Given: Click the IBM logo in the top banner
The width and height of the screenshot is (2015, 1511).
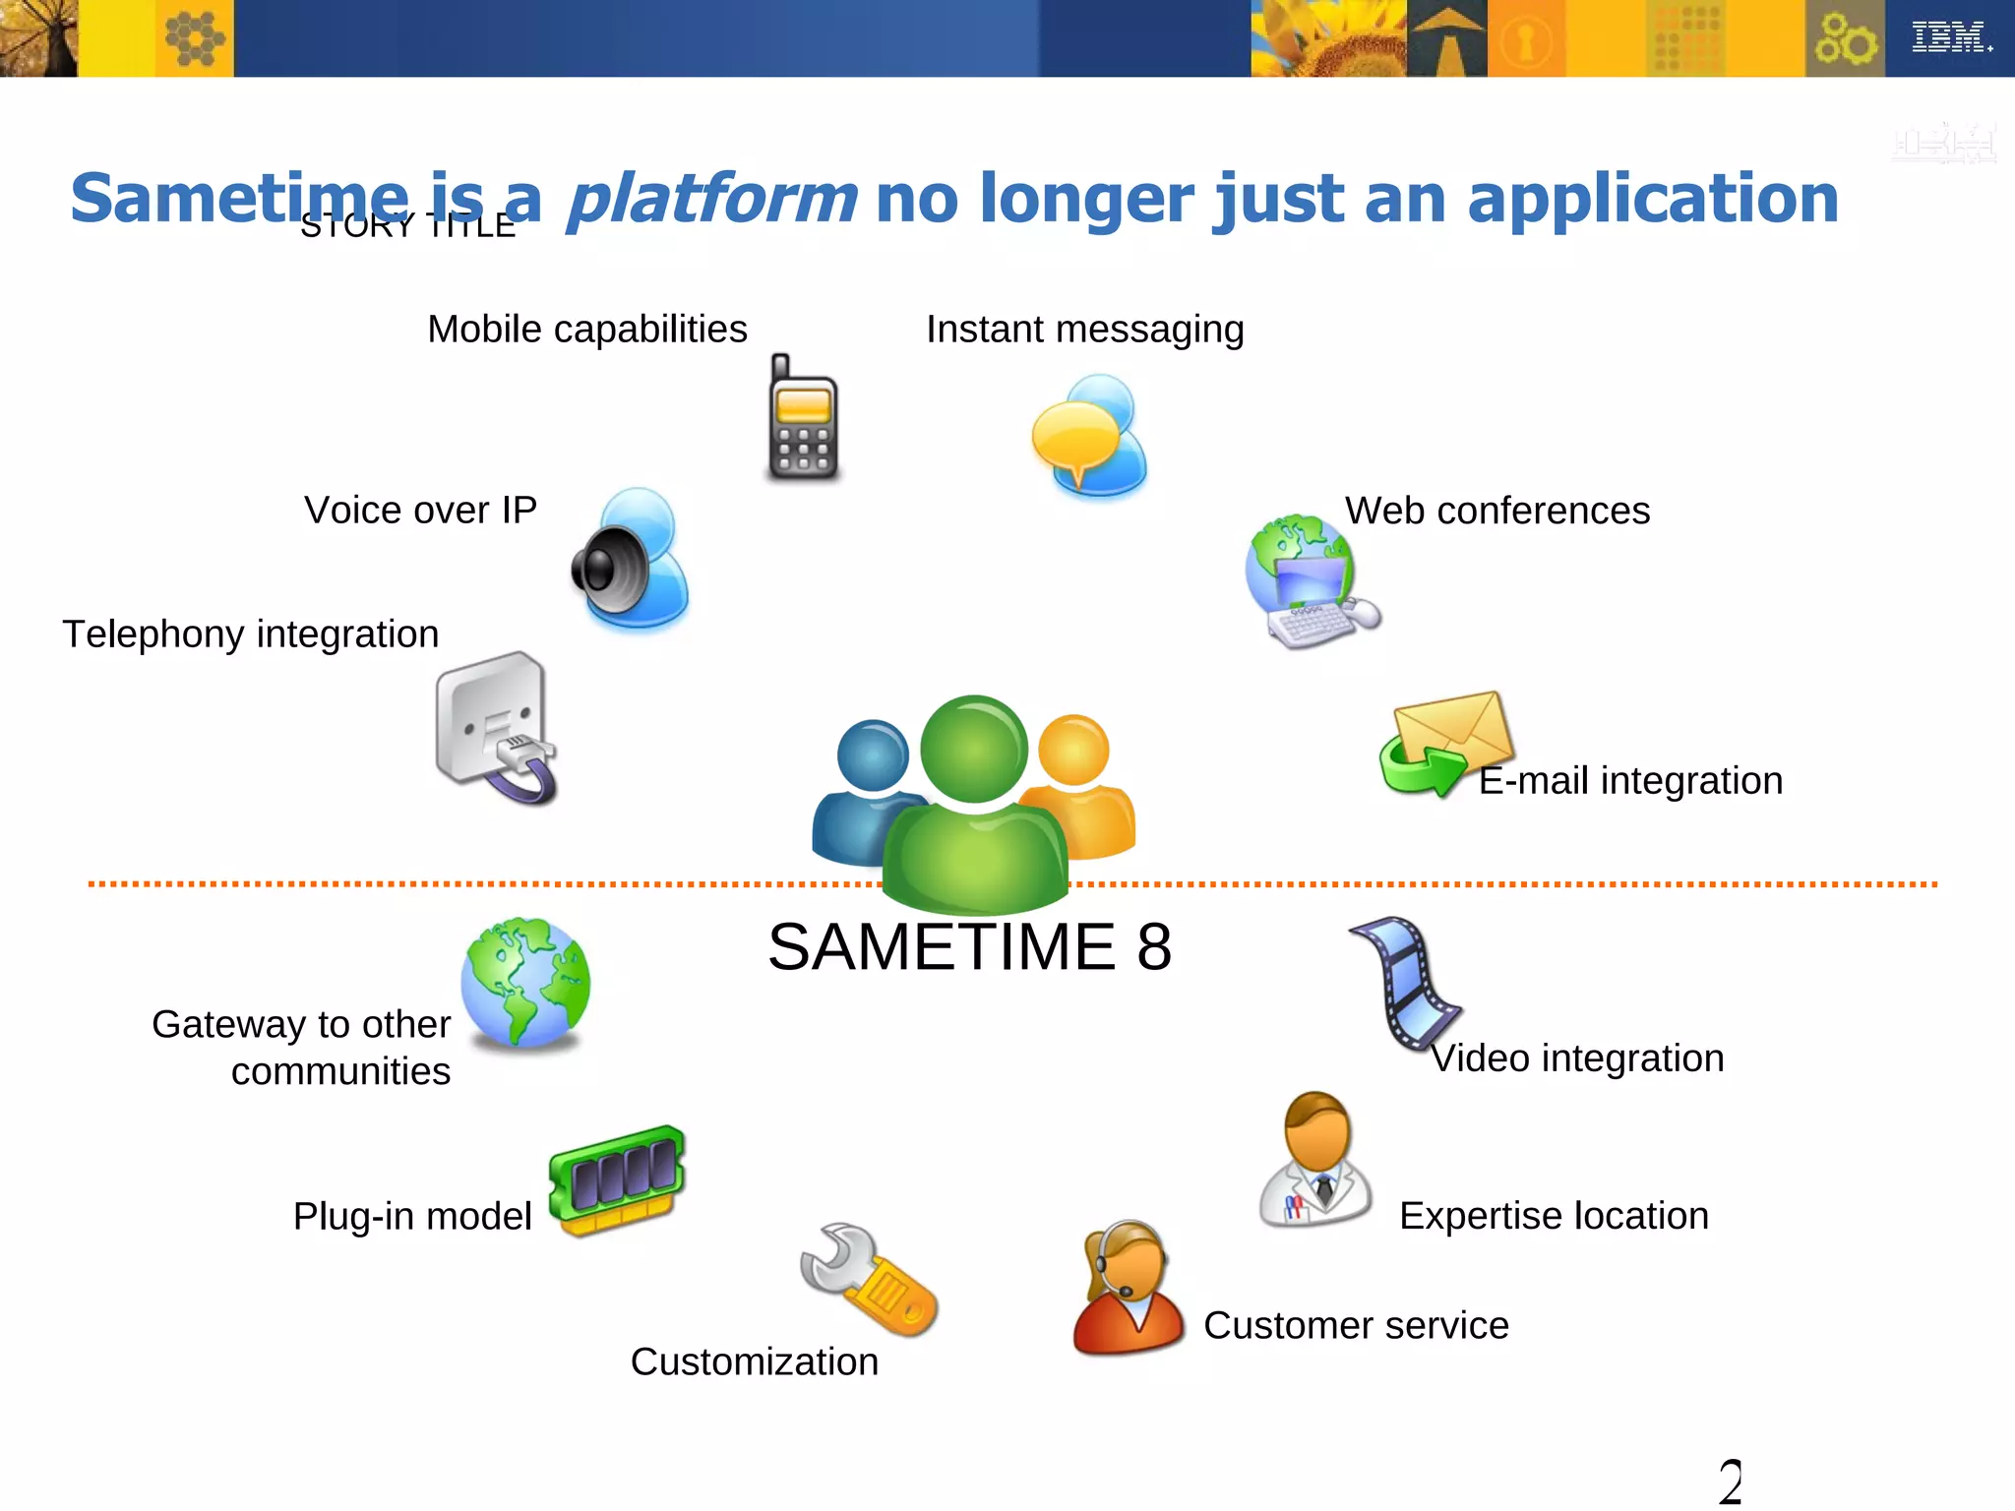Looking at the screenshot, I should point(1950,37).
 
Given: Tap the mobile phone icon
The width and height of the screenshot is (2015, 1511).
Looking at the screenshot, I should point(803,421).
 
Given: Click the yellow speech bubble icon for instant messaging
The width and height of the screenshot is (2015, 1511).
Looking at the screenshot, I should point(1076,439).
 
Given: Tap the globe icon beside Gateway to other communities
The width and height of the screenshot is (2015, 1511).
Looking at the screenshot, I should point(526,983).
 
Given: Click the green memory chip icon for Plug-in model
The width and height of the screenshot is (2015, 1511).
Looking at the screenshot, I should point(618,1179).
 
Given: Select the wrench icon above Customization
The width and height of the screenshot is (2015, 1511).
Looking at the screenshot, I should point(869,1280).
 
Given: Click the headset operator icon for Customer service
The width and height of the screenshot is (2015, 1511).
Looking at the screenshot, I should point(1128,1288).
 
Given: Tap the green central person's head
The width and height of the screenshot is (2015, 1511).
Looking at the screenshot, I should point(974,749).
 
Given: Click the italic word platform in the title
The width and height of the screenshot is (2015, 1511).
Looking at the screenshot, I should point(711,199).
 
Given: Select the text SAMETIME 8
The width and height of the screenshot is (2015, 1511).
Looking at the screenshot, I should point(970,947).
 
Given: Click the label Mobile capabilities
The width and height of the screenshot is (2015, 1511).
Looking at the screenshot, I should point(587,330).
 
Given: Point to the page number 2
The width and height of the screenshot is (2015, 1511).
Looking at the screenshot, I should point(1730,1481).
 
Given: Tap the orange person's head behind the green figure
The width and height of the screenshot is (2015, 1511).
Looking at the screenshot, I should point(1074,751).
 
